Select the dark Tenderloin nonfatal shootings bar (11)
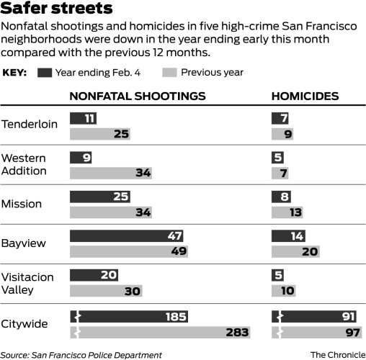84,117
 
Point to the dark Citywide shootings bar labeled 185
130,316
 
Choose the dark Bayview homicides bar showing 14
285,235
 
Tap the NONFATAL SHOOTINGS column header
137,96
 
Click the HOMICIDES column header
305,96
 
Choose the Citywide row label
26,323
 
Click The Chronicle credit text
337,354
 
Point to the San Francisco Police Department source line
81,354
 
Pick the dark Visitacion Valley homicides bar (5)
278,276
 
